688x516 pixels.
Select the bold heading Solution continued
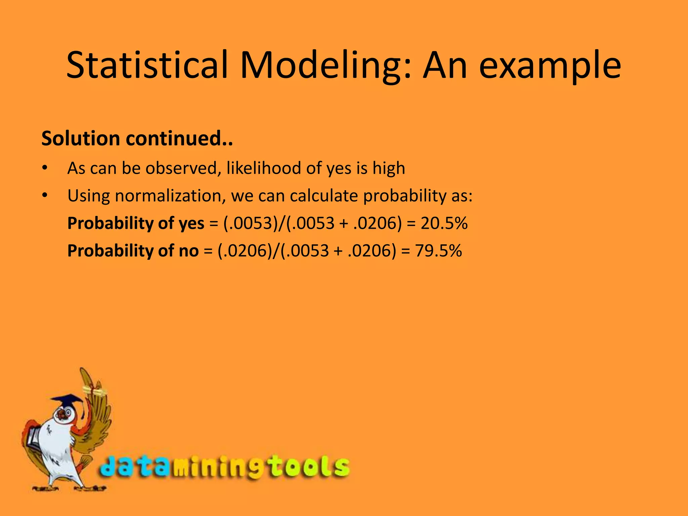tap(137, 138)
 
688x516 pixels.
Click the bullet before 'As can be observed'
tap(45, 168)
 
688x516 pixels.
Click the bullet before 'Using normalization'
tap(45, 195)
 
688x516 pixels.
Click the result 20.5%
tap(444, 223)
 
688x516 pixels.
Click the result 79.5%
tap(438, 251)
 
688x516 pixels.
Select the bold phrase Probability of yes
tap(136, 223)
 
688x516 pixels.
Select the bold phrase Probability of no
tap(133, 251)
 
